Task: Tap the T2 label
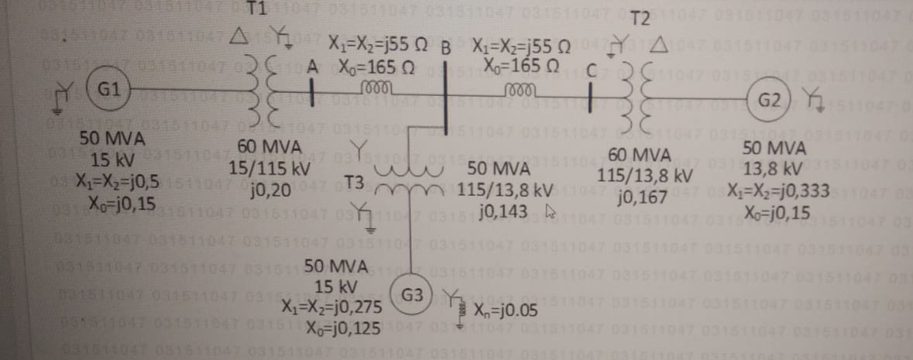tap(640, 18)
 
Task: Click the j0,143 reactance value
tap(504, 210)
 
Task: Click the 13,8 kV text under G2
tap(774, 170)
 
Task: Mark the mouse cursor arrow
tap(550, 209)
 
